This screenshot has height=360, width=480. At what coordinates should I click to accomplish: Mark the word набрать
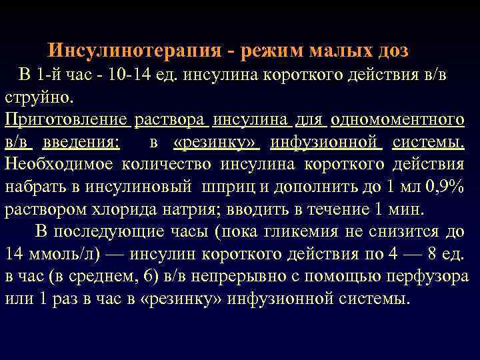pyautogui.click(x=34, y=187)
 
